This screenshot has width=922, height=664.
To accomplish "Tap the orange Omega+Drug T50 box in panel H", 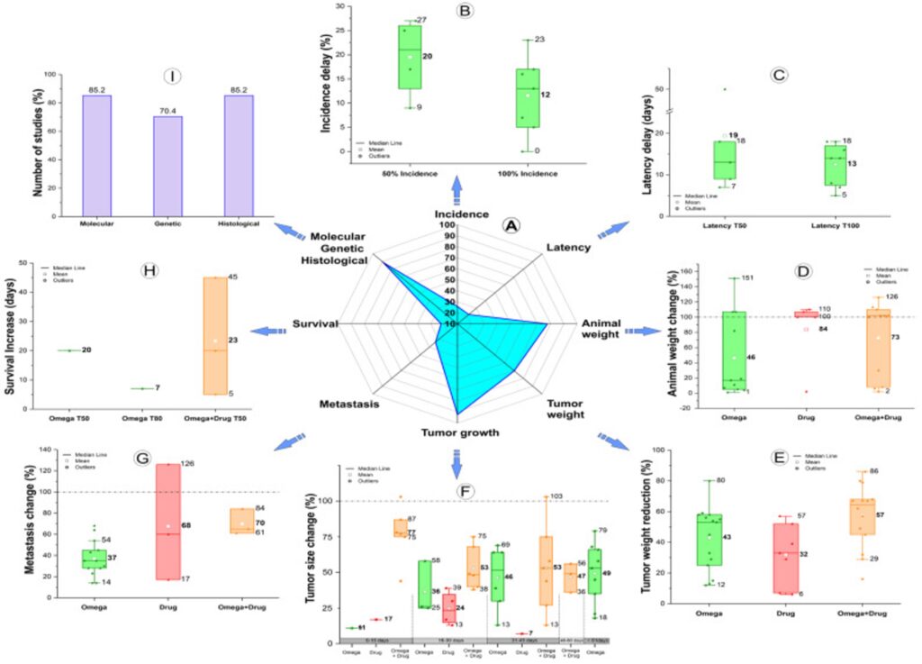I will (x=214, y=336).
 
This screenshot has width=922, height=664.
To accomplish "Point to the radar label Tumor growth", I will (x=461, y=433).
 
